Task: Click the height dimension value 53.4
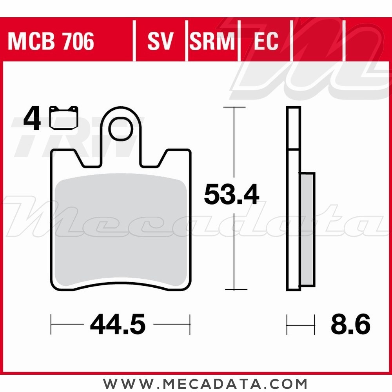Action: click(231, 195)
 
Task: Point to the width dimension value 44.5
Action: click(118, 325)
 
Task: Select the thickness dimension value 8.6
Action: click(350, 325)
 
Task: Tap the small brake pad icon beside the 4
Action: click(64, 118)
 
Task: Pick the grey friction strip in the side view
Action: click(307, 229)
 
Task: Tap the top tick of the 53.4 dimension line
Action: click(234, 107)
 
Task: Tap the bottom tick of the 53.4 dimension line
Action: click(234, 290)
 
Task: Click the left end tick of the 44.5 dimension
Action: click(52, 324)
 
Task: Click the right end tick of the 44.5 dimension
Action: click(190, 324)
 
